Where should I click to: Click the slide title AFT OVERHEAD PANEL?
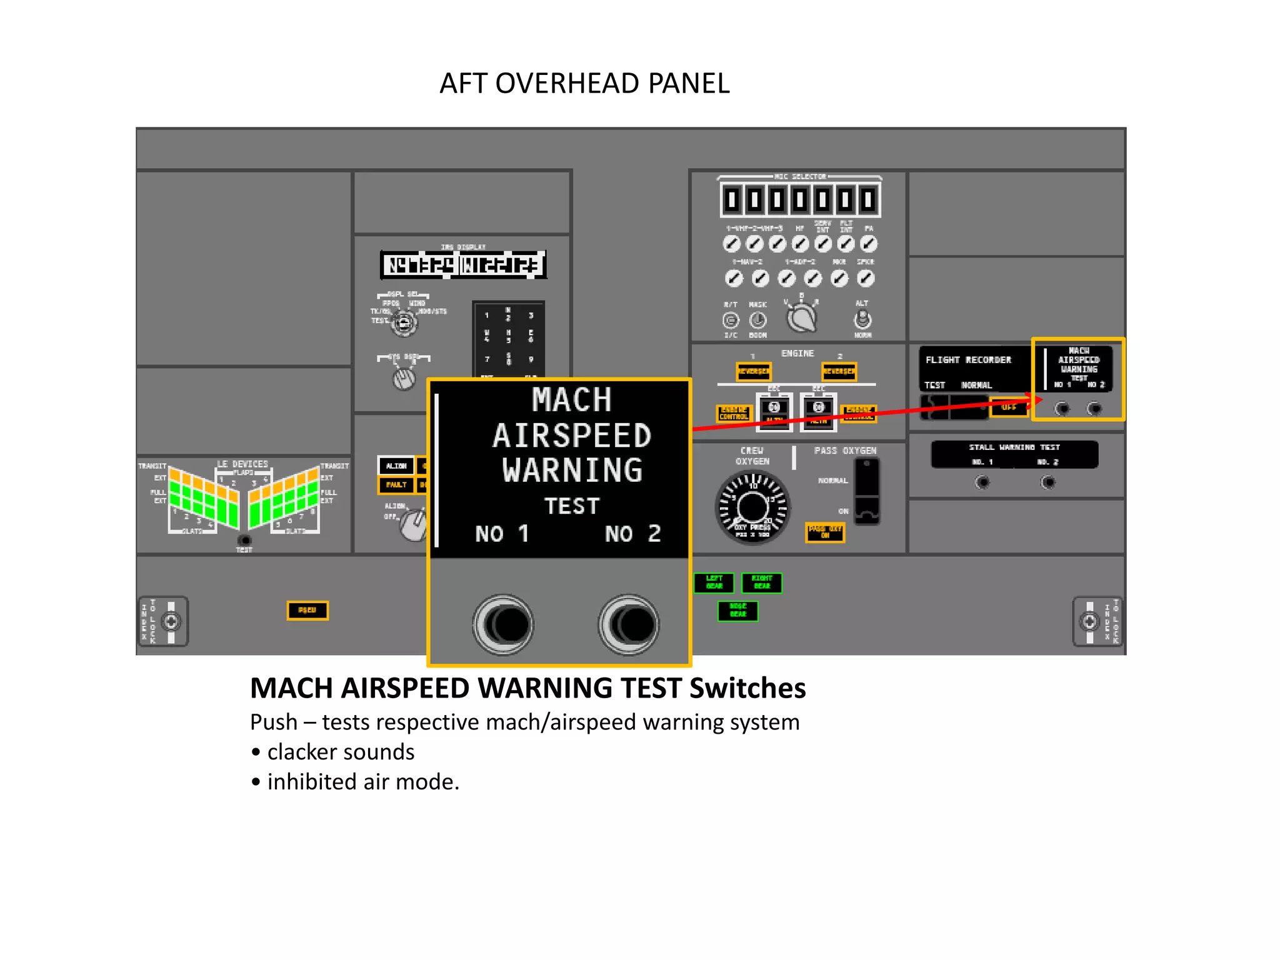[584, 83]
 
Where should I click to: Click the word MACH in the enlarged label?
[571, 400]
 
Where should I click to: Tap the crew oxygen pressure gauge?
[752, 507]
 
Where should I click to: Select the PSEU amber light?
[307, 610]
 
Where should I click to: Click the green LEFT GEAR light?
[714, 582]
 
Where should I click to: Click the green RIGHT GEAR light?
[761, 582]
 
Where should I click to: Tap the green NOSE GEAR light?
[737, 611]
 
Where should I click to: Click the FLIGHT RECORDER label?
[967, 360]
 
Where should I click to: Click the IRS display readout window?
[462, 265]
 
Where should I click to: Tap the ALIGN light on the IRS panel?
[396, 466]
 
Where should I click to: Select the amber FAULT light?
[396, 485]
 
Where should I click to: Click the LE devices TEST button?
[244, 540]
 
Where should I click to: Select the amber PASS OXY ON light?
[824, 532]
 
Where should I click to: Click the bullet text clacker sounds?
[341, 752]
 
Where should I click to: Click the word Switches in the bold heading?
[747, 688]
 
